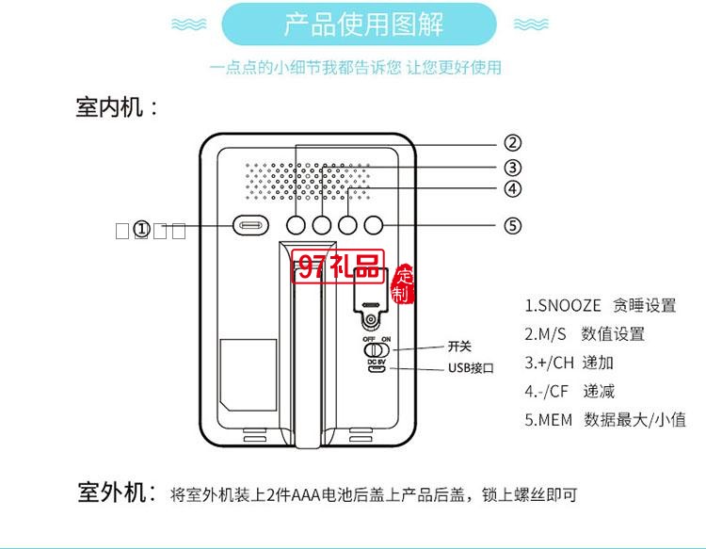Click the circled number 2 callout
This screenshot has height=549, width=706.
coord(512,143)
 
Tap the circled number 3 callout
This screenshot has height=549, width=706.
coord(512,168)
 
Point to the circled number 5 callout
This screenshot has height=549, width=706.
coord(512,226)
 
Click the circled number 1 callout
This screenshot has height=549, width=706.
coord(141,229)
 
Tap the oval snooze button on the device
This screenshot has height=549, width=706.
coord(251,226)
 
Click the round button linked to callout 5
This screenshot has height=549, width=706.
coord(375,226)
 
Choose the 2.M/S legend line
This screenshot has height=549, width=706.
coord(585,334)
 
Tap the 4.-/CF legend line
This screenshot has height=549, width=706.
coord(570,392)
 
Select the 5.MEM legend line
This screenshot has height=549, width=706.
coord(605,420)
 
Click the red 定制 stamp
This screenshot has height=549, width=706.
coord(403,285)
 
